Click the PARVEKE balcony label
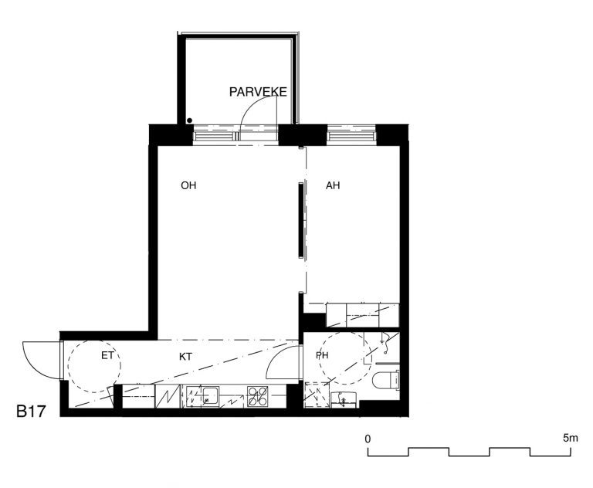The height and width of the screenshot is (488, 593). click(x=258, y=92)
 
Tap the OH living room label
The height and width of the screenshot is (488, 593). click(x=188, y=185)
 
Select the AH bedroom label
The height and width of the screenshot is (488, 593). click(x=333, y=185)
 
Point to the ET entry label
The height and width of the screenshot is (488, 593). click(x=107, y=356)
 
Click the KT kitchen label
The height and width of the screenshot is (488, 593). click(x=185, y=357)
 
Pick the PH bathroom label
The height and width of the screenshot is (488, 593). click(x=322, y=355)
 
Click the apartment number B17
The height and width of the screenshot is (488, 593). click(x=31, y=412)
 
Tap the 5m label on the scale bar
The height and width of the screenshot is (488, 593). click(x=571, y=438)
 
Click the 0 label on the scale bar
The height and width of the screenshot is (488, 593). click(x=368, y=439)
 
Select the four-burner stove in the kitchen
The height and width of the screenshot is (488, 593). click(x=258, y=396)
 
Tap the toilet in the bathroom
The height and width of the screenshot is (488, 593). click(x=386, y=380)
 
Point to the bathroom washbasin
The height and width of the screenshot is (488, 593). click(x=344, y=400)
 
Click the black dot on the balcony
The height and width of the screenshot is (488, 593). click(x=189, y=120)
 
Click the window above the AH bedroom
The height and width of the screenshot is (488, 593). click(x=351, y=135)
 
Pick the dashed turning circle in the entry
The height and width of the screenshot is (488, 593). click(x=94, y=366)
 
